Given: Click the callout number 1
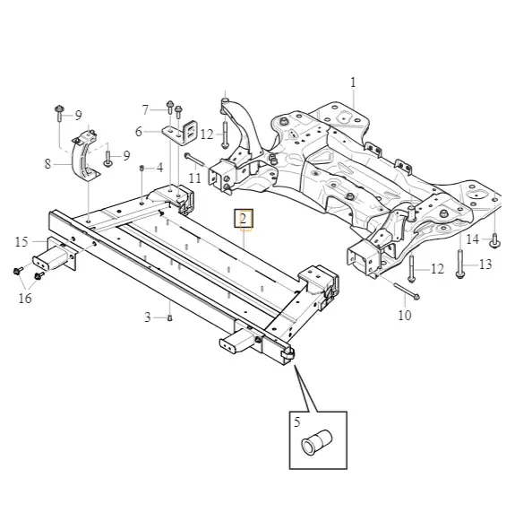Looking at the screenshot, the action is click(353, 82).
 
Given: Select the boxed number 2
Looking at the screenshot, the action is click(244, 219).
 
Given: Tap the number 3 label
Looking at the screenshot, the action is click(148, 317).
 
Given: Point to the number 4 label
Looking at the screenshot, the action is click(160, 168).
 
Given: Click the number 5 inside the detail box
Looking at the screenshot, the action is click(297, 422).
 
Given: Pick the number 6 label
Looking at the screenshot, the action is click(139, 132).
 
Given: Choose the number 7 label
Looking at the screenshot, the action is click(145, 110).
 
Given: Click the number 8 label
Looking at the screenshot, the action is click(48, 164).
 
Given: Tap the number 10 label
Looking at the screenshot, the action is click(405, 315).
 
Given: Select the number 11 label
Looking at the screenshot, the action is click(195, 178).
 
